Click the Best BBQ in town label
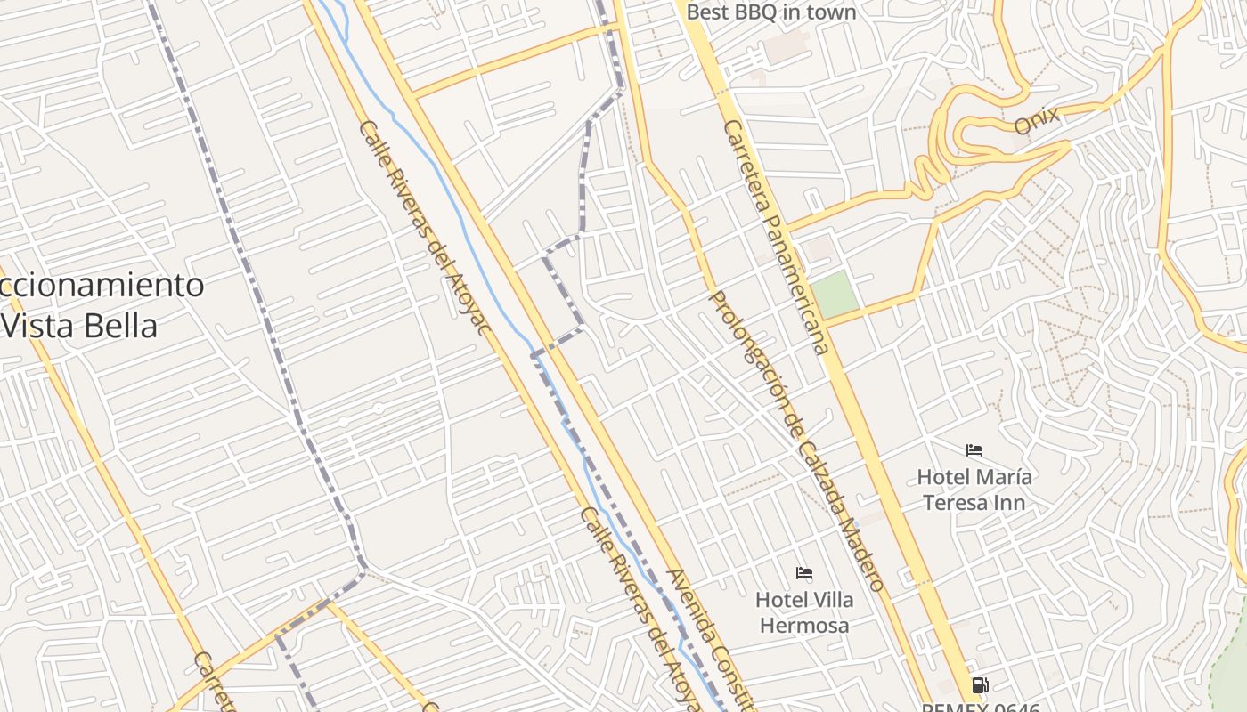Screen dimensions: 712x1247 coord(771,12)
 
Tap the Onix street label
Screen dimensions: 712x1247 coord(1037,120)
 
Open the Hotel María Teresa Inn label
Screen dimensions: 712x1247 coord(974,489)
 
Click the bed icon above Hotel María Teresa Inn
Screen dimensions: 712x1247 coord(974,451)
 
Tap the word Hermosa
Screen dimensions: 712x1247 coord(803,626)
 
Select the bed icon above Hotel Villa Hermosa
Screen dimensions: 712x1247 coord(803,573)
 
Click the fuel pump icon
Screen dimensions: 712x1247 coord(980,684)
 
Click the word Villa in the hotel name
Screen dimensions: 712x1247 coord(830,600)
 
